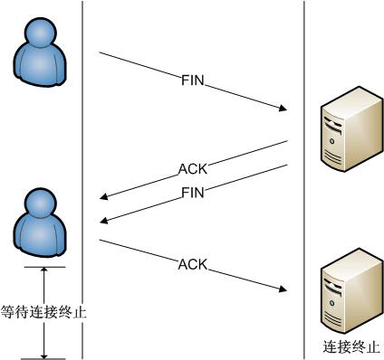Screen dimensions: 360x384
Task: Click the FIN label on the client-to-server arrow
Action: pyautogui.click(x=193, y=81)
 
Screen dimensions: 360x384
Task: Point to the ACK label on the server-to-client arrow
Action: pyautogui.click(x=192, y=168)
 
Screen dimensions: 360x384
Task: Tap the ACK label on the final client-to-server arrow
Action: pyautogui.click(x=193, y=265)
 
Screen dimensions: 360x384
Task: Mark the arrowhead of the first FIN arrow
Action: pyautogui.click(x=283, y=110)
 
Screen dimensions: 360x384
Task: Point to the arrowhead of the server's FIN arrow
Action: pyautogui.click(x=105, y=220)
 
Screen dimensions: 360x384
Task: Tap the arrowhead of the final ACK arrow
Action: pyautogui.click(x=283, y=289)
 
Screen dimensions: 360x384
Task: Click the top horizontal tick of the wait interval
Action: pyautogui.click(x=43, y=267)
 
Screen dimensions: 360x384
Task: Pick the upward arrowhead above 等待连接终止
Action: pyautogui.click(x=43, y=272)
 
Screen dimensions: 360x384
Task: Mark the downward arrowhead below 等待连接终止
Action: pyautogui.click(x=43, y=354)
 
